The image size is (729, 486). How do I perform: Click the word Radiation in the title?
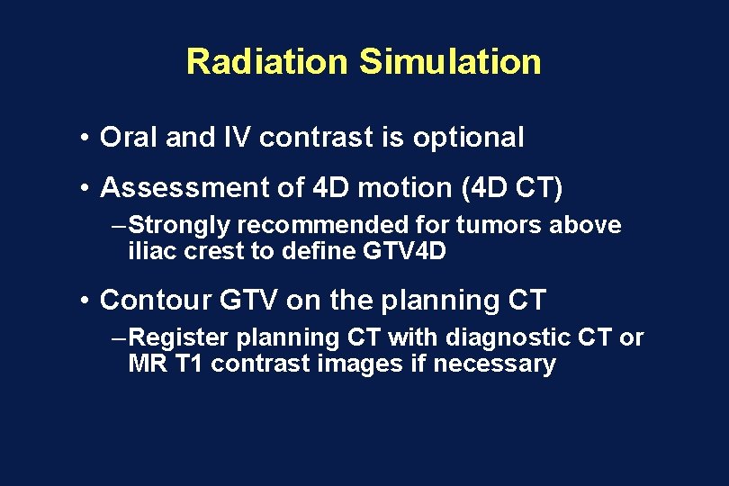(265, 62)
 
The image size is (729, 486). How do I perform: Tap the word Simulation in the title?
(450, 62)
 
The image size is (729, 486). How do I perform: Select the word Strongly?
(179, 225)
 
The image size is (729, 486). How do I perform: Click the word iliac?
(152, 251)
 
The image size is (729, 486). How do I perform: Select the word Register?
(182, 337)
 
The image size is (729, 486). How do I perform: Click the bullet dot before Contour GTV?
(82, 300)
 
